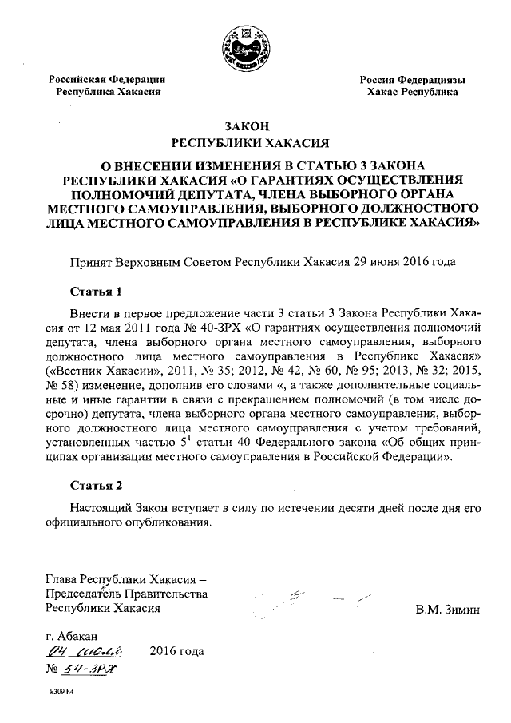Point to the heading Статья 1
click(x=96, y=290)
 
